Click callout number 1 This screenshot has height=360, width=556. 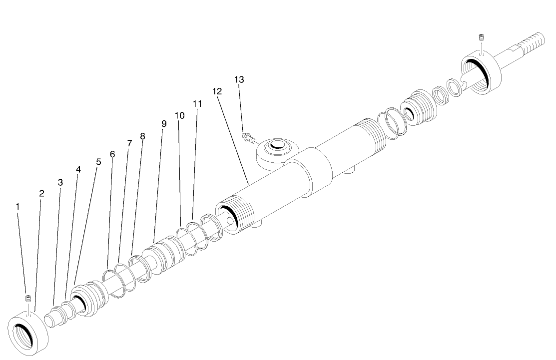18,206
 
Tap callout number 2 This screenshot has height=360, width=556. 41,193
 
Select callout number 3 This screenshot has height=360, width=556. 60,182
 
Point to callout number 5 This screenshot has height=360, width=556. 98,162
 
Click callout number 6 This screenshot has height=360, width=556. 112,154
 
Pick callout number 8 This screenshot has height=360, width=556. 143,136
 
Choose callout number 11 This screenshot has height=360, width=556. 197,103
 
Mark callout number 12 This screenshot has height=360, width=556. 216,91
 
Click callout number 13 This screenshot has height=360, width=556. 239,79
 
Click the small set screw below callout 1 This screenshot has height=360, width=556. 28,299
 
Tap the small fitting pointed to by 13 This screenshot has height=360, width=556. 248,136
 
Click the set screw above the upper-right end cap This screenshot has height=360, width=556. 482,37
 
